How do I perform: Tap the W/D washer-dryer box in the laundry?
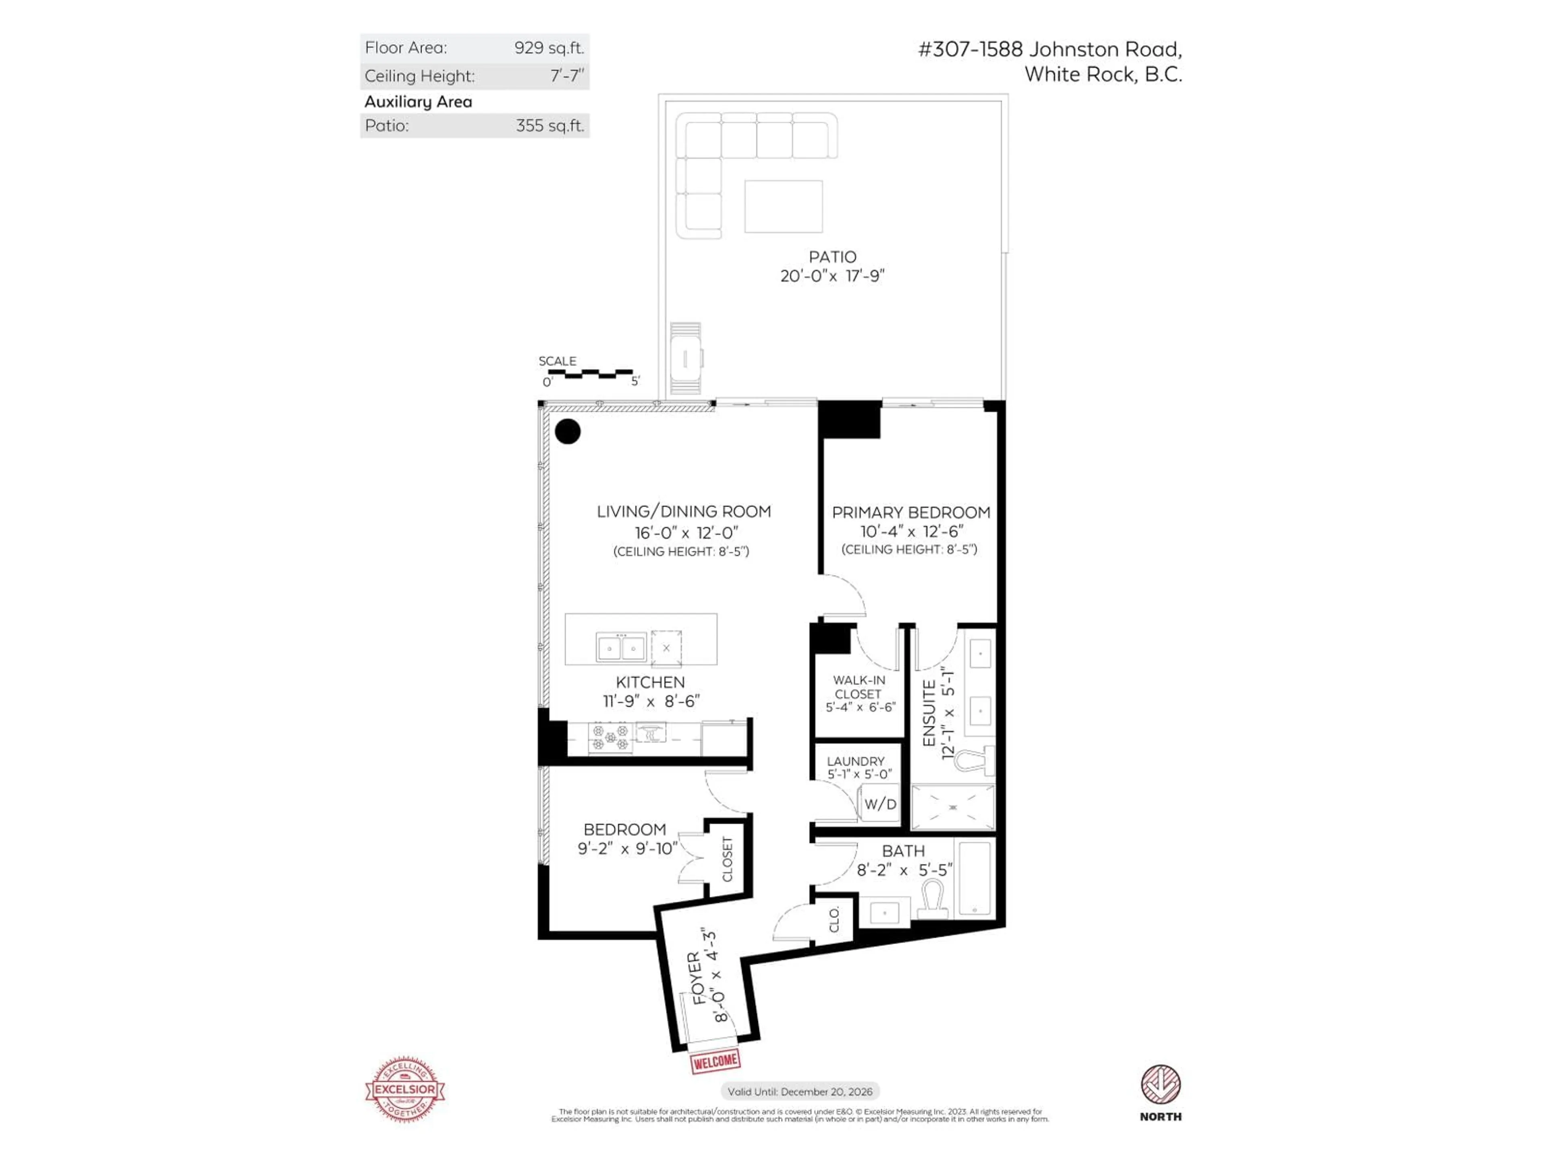tap(879, 804)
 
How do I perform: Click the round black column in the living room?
tap(567, 431)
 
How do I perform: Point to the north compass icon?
tap(1160, 1085)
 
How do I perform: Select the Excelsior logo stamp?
tap(405, 1089)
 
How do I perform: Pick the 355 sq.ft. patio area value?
tap(549, 126)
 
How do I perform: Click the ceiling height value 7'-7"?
tap(566, 75)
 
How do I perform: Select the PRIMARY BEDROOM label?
tap(910, 512)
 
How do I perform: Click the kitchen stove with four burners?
tap(610, 737)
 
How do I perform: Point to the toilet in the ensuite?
tap(977, 760)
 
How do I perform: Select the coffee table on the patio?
tap(783, 206)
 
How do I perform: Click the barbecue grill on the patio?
tap(685, 358)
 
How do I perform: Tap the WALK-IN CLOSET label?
tap(859, 687)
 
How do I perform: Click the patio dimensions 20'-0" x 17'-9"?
tap(832, 275)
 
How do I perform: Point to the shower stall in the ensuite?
tap(952, 808)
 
